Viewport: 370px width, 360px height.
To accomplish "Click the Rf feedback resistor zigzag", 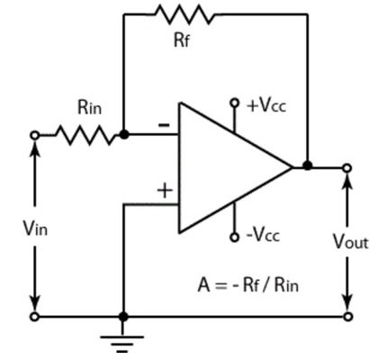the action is [x=185, y=14].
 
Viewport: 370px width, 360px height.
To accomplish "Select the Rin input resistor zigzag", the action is [x=86, y=135].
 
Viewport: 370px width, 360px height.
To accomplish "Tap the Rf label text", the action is [x=182, y=40].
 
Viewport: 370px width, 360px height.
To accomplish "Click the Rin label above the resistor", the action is [x=89, y=107].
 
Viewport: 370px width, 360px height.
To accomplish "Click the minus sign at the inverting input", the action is [x=164, y=125].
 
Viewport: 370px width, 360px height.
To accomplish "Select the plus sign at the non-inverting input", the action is [x=165, y=191].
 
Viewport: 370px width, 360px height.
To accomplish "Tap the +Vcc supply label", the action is [x=266, y=105].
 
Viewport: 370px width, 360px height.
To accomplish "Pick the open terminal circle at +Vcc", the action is [x=234, y=103].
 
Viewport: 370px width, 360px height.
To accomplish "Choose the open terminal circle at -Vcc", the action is [x=234, y=238].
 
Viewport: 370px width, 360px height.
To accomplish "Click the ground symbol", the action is [x=122, y=343].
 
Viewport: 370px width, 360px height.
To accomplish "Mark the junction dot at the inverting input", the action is [x=123, y=135].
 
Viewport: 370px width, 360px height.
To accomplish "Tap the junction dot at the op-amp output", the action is [x=307, y=166].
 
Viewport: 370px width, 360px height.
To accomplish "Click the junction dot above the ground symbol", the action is [x=123, y=317].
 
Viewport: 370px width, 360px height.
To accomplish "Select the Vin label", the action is [x=35, y=229].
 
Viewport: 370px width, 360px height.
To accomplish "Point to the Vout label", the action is [x=350, y=241].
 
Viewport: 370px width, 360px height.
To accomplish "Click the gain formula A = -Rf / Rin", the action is [x=248, y=284].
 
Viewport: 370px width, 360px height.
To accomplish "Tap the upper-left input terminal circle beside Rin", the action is [x=35, y=135].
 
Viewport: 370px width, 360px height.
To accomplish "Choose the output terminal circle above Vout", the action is [x=347, y=168].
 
